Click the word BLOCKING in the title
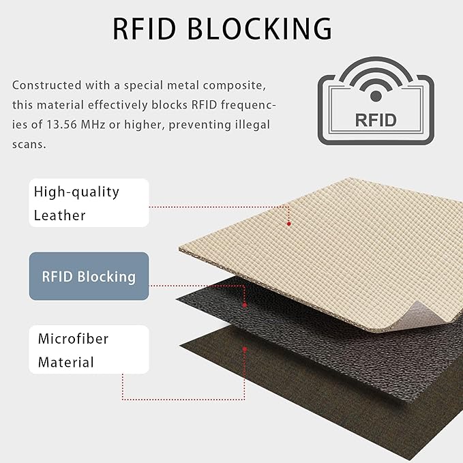[x=260, y=29]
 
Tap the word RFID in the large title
[x=145, y=29]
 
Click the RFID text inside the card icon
[x=376, y=120]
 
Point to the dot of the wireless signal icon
[x=376, y=96]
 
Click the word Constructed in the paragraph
[x=46, y=85]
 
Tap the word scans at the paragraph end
[x=29, y=145]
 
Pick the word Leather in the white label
[x=59, y=215]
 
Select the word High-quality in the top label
[x=76, y=192]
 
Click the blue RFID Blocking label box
[x=89, y=276]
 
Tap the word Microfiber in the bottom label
[x=73, y=339]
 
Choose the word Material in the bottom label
[x=66, y=362]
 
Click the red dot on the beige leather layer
[x=289, y=224]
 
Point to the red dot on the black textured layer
[x=245, y=305]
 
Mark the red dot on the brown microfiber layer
[x=245, y=349]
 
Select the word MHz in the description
[x=93, y=125]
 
